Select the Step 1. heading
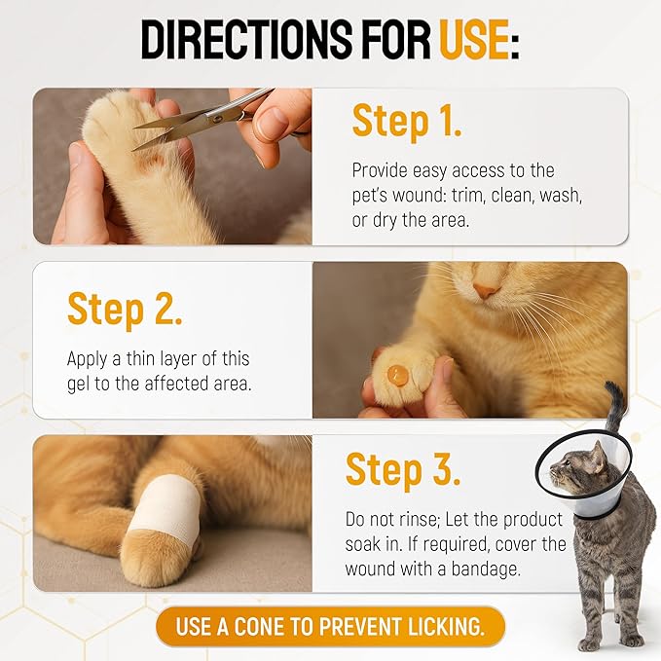pyautogui.click(x=407, y=122)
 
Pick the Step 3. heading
pyautogui.click(x=402, y=470)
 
